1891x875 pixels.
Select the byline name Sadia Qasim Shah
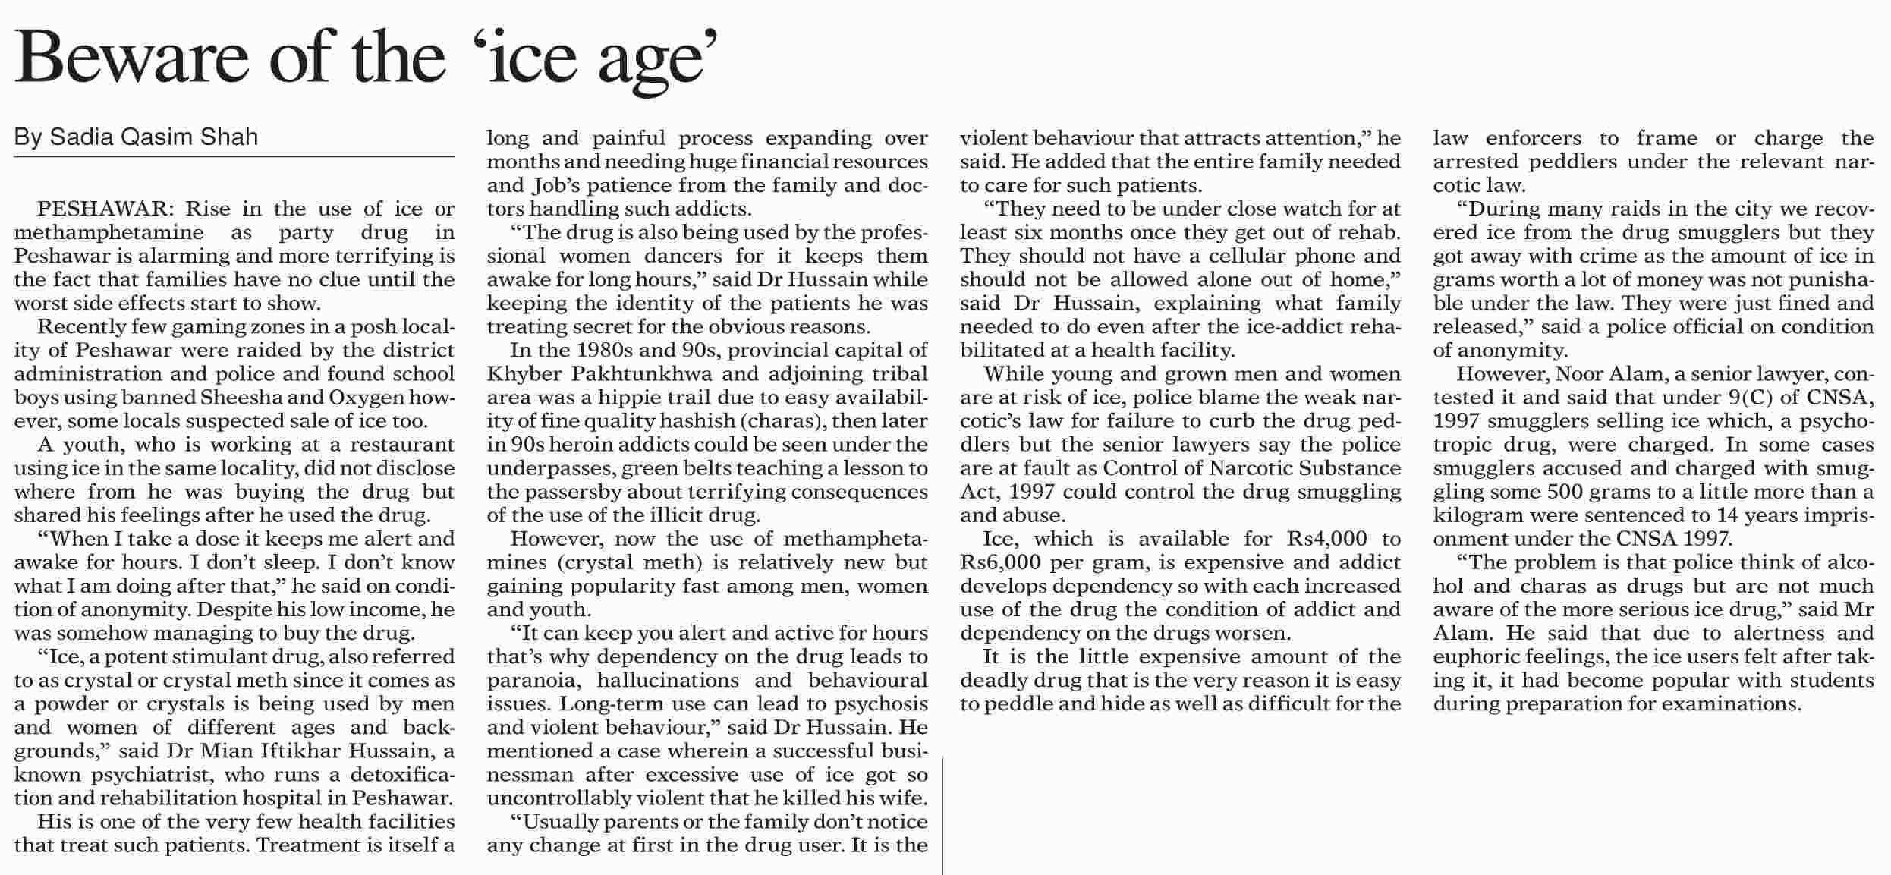[154, 137]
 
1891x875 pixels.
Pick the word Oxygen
[368, 398]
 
